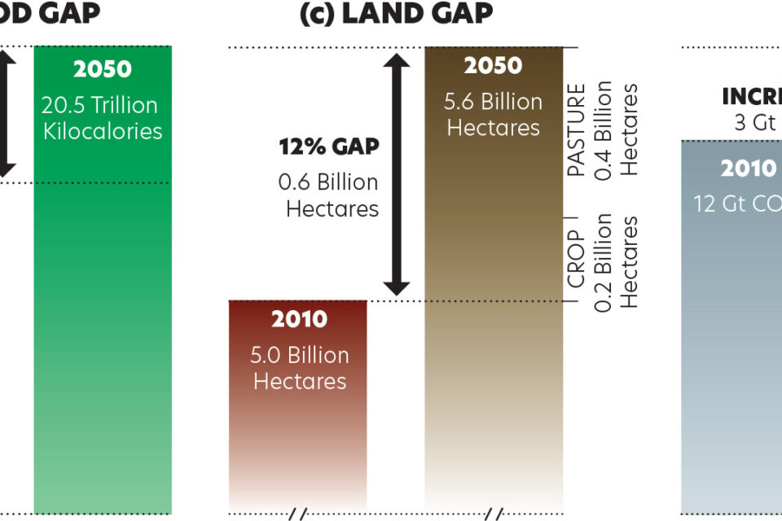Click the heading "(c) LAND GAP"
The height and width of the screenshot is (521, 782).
[396, 14]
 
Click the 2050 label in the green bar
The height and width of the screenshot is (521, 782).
[103, 69]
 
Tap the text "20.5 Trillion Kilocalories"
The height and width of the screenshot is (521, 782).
[103, 118]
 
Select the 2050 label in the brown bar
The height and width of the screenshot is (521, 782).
[493, 66]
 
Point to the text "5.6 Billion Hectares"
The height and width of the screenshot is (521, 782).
[493, 115]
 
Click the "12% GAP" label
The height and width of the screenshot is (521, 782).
[329, 147]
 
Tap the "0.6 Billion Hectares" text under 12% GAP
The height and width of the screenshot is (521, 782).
[329, 195]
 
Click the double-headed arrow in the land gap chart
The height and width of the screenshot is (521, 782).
[397, 174]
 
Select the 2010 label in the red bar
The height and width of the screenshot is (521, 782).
[299, 319]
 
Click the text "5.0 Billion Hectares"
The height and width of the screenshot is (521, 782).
[299, 368]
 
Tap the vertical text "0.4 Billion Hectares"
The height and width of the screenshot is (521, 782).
[617, 130]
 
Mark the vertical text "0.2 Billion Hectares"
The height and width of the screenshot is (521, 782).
[617, 260]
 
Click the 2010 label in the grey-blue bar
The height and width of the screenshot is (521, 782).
[749, 169]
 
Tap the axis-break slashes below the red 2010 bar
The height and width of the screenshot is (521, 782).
[298, 514]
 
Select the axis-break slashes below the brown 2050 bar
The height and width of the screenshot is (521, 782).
[494, 514]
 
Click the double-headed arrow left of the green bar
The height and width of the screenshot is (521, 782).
[6, 114]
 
